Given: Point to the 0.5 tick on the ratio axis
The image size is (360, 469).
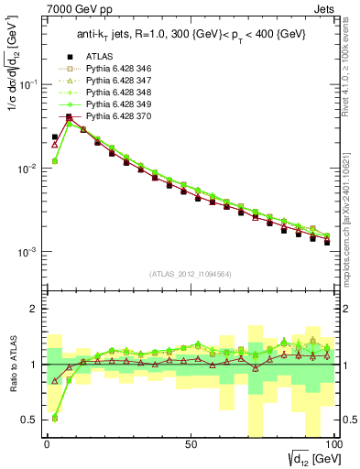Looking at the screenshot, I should (x=30, y=420).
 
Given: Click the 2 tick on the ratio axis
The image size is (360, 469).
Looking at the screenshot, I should (x=36, y=309).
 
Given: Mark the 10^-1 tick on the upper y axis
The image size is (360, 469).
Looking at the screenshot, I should (x=27, y=84).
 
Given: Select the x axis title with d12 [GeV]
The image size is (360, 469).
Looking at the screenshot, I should (x=311, y=457).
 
